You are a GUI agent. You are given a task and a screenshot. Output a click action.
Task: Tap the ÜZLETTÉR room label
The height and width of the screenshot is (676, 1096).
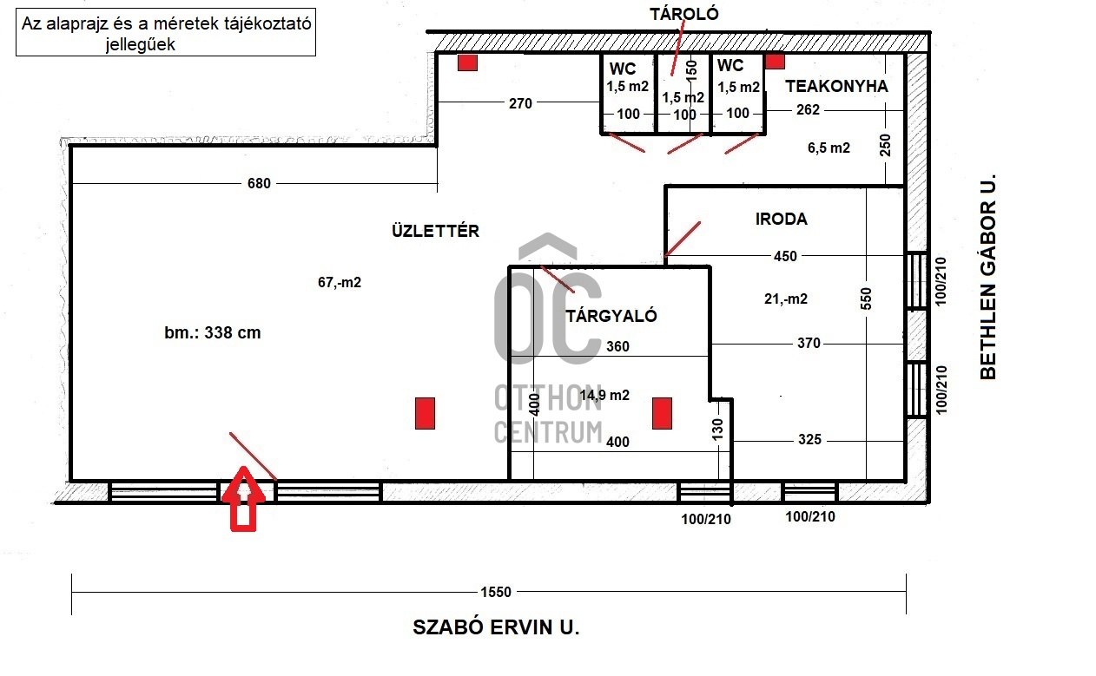coord(435,231)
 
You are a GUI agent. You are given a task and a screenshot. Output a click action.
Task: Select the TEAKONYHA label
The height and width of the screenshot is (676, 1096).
coord(836,87)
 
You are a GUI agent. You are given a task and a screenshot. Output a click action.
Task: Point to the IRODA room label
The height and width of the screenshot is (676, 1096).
coord(782,219)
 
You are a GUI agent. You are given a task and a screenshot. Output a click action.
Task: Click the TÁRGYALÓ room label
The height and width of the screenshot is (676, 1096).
coord(611,316)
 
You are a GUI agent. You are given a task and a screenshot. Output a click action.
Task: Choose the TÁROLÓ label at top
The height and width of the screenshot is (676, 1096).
coord(684,14)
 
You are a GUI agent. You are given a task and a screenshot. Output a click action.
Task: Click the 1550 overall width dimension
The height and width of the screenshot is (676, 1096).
coord(496,593)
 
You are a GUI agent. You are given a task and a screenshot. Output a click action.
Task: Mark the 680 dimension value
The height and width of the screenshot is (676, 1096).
coord(259,183)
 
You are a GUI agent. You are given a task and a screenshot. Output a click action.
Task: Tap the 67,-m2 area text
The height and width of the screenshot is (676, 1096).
coord(340,282)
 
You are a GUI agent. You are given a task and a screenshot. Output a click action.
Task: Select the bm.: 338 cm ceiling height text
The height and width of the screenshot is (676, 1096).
coord(213,333)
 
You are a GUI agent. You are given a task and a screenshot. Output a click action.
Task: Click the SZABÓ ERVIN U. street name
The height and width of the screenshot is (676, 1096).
coord(496,627)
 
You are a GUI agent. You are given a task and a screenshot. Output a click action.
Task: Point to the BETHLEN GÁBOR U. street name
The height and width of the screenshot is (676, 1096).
coord(988,277)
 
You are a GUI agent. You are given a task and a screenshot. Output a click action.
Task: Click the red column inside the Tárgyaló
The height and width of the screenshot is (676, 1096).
coord(662,414)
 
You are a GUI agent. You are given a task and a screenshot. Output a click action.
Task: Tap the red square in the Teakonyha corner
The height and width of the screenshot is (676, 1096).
coord(775,61)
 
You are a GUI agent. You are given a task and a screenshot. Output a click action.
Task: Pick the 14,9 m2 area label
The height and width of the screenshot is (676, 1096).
coord(604,395)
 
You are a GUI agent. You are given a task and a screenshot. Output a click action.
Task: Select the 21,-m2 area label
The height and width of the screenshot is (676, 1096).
coord(786,299)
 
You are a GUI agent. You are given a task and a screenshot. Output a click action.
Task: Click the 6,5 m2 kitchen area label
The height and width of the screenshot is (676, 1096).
coord(829,148)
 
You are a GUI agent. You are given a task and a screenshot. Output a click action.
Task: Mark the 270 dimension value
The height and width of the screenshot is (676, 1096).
coord(520,103)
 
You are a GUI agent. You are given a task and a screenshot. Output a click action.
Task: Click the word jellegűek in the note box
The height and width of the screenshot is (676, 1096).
coord(141,45)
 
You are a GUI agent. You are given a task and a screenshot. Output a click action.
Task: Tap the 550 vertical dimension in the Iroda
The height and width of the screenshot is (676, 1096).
coord(866,299)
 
